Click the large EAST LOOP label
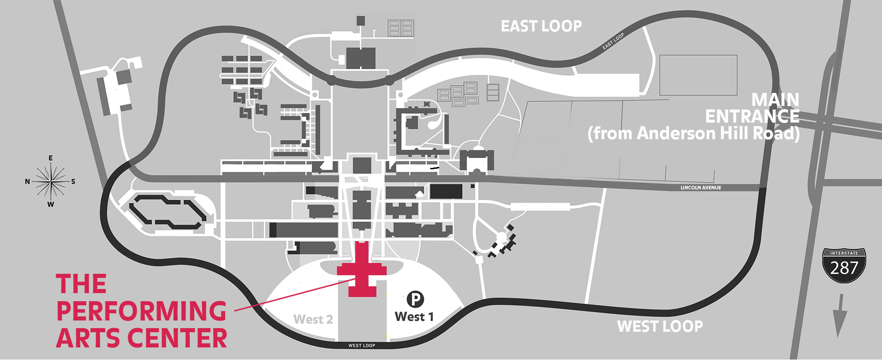[x=541, y=26]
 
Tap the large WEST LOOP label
[x=660, y=326]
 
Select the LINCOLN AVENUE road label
[x=701, y=188]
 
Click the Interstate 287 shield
[x=844, y=266]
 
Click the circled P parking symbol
[x=415, y=299]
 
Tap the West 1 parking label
[x=414, y=317]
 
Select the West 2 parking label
[x=313, y=319]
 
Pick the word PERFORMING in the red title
[x=141, y=311]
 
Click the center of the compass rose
[x=51, y=181]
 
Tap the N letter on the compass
[x=27, y=182]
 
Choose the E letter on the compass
[x=51, y=158]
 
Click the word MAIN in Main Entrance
[x=775, y=100]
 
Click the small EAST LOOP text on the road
[x=613, y=41]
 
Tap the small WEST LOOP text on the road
[x=362, y=346]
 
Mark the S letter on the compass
[x=73, y=182]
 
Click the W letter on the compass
[x=51, y=205]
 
